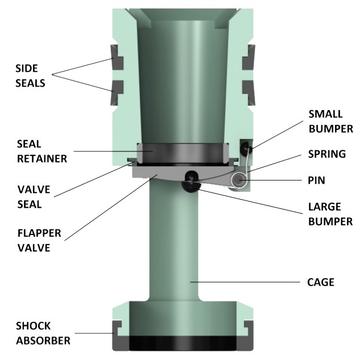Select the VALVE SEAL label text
click(x=30, y=196)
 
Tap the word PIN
click(x=316, y=181)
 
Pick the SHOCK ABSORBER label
click(x=42, y=334)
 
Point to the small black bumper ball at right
click(x=245, y=149)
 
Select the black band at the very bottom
click(x=182, y=343)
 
